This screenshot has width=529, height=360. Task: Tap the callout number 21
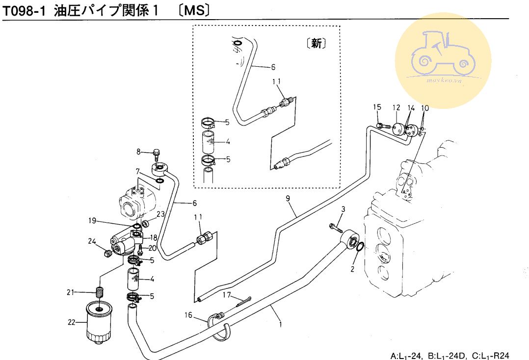click(x=70, y=293)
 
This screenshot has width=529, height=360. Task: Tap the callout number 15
click(x=376, y=107)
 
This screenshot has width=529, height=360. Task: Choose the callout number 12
click(x=396, y=107)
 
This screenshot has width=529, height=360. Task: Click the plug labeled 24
click(x=107, y=253)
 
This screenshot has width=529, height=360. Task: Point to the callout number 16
click(x=188, y=314)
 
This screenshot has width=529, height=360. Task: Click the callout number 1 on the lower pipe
click(x=280, y=324)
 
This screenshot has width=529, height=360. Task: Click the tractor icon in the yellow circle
click(x=443, y=53)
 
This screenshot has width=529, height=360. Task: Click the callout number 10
click(x=425, y=107)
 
